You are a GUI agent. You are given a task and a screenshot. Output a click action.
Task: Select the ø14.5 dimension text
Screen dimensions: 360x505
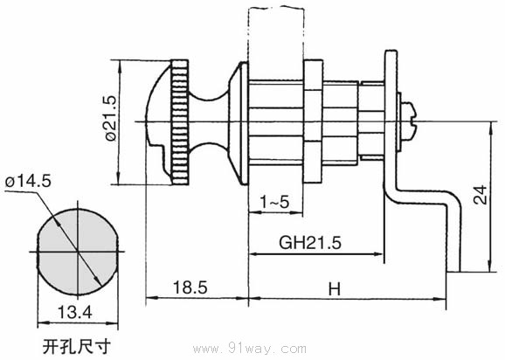click(29, 181)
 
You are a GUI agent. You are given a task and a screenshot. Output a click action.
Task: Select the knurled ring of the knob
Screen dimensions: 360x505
click(180, 122)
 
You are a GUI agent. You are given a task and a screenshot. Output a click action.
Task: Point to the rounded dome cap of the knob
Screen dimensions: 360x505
click(157, 119)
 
